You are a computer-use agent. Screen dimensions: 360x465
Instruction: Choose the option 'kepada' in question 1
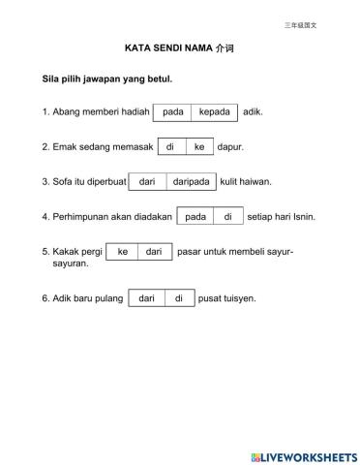click(x=214, y=112)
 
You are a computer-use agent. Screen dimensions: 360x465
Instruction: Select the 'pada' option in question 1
click(x=172, y=112)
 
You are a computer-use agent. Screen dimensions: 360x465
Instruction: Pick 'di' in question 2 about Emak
click(x=170, y=147)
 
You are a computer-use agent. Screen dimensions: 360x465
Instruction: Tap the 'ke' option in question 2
click(x=199, y=147)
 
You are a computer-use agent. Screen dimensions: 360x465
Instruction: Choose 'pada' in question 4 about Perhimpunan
click(x=195, y=216)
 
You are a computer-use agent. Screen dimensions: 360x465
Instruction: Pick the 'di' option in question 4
click(x=227, y=216)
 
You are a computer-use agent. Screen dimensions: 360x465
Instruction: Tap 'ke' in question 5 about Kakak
click(x=122, y=252)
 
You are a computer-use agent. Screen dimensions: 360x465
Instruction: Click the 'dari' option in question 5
click(x=153, y=252)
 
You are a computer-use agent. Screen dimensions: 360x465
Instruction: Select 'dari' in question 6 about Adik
click(x=146, y=298)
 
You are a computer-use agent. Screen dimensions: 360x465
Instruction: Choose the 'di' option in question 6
click(x=178, y=298)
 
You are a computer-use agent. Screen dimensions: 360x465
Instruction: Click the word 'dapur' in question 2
click(x=229, y=148)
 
